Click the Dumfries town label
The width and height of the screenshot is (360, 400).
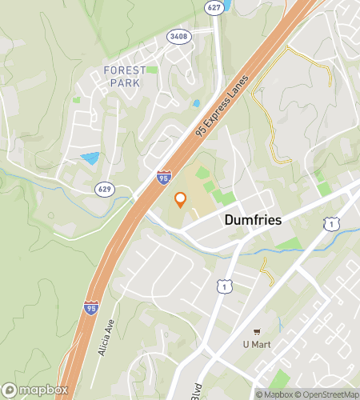tap(253, 219)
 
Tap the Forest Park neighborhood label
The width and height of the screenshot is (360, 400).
tap(126, 76)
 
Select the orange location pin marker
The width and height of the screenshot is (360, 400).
tap(181, 200)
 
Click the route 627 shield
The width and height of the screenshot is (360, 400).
tap(212, 7)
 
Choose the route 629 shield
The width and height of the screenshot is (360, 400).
tap(104, 190)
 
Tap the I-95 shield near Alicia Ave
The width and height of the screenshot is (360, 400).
tap(90, 306)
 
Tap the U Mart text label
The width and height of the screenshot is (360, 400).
tap(257, 344)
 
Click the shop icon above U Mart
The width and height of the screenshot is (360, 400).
tap(257, 331)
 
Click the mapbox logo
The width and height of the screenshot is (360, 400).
tap(36, 390)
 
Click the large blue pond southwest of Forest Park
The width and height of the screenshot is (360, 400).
tap(90, 158)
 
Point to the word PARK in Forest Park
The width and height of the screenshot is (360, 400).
tap(126, 82)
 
